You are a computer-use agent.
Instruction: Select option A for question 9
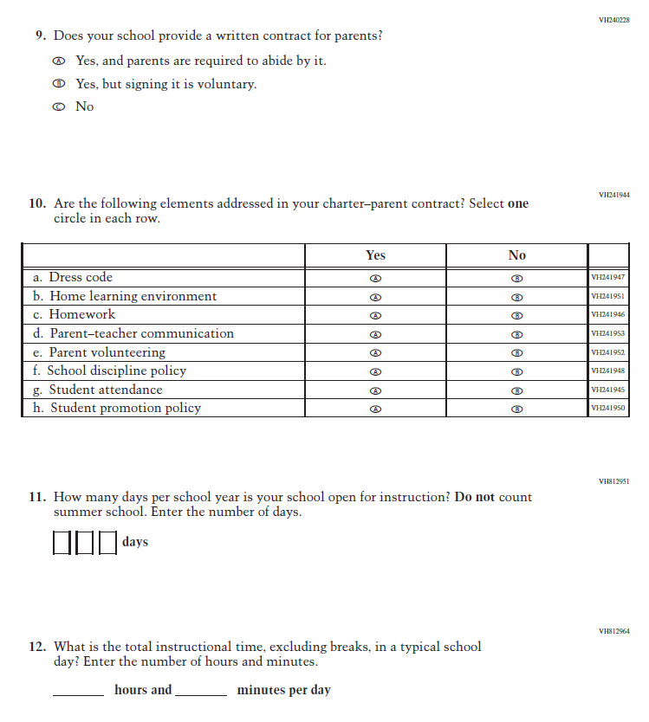[x=58, y=61]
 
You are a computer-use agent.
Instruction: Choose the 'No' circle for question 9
[x=58, y=107]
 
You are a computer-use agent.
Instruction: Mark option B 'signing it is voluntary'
[x=58, y=85]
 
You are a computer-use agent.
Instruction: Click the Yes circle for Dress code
[x=375, y=279]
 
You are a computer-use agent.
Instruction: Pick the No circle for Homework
[x=516, y=316]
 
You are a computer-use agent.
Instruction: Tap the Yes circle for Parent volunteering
[x=375, y=353]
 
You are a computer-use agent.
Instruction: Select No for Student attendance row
[x=516, y=390]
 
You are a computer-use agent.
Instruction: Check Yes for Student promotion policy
[x=375, y=409]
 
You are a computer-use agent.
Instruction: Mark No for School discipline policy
[x=516, y=372]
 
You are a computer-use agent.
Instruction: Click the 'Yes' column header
[x=375, y=255]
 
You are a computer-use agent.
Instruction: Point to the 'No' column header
[x=516, y=255]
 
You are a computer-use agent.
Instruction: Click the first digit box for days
[x=62, y=543]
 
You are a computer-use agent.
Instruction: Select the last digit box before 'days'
[x=107, y=543]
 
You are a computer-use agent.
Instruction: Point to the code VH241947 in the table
[x=607, y=278]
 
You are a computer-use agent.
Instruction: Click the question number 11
[x=36, y=498]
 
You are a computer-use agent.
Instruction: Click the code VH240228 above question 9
[x=613, y=19]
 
